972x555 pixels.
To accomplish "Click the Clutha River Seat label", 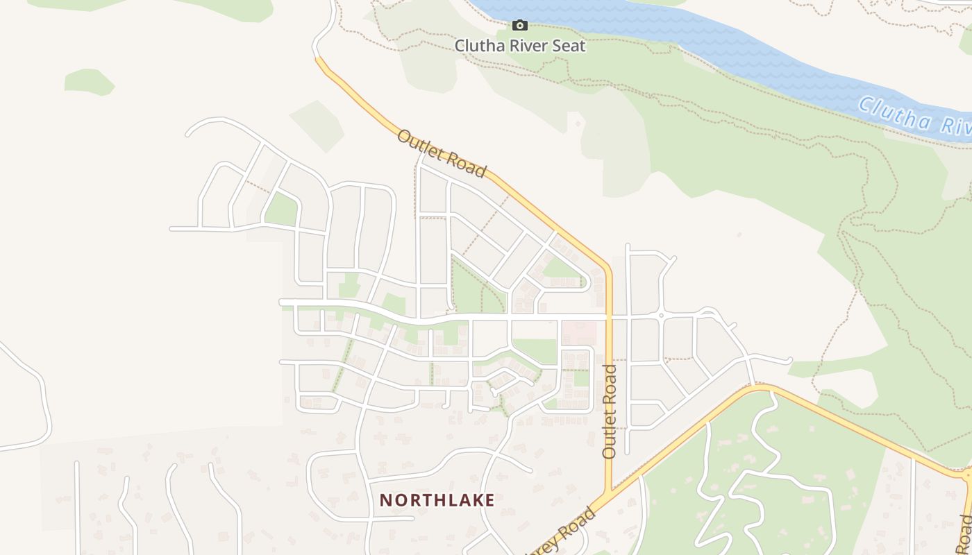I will [x=520, y=46].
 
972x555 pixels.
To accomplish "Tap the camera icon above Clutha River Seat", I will [x=520, y=26].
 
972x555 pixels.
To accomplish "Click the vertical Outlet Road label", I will [x=610, y=411].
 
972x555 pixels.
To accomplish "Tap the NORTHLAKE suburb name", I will [x=437, y=500].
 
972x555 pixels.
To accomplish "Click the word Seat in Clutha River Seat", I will [x=567, y=46].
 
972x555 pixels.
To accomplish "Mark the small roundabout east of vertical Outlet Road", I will [x=661, y=316].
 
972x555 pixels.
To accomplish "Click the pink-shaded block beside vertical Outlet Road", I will [x=578, y=333].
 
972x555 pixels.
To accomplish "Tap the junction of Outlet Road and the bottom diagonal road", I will [x=610, y=493].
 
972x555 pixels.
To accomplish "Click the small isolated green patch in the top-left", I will [x=89, y=81].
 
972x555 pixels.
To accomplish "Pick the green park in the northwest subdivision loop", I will [x=282, y=210].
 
